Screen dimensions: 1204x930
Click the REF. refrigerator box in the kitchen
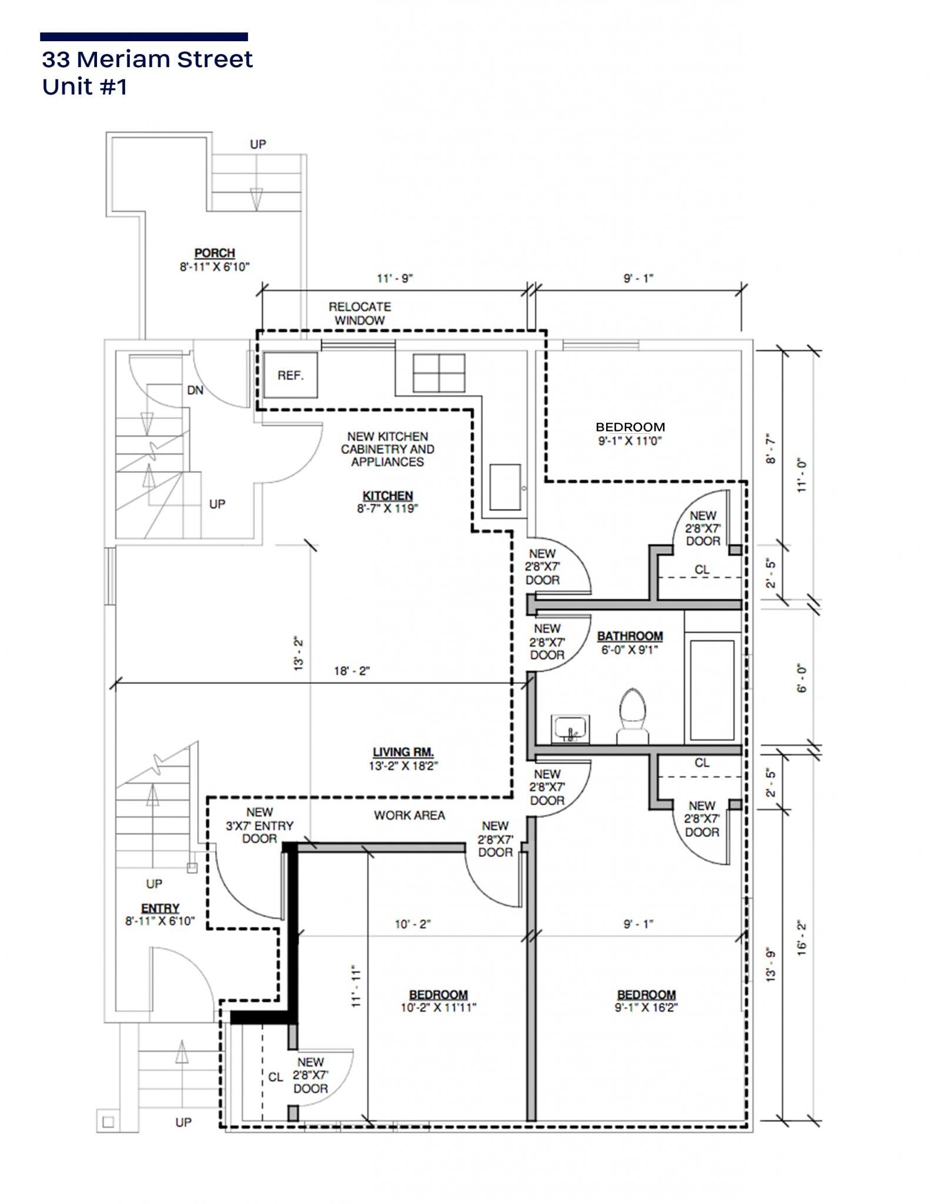[x=290, y=375]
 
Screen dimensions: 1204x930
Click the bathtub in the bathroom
[x=712, y=690]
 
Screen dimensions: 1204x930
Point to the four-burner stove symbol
[x=439, y=373]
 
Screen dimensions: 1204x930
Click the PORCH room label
[x=215, y=253]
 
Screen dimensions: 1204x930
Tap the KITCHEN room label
[x=387, y=496]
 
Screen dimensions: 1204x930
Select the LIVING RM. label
[x=403, y=752]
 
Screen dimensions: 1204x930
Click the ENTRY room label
[x=160, y=908]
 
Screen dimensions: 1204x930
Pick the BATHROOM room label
[x=630, y=636]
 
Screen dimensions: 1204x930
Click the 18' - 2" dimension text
[x=352, y=671]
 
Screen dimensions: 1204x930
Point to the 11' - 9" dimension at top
[x=395, y=278]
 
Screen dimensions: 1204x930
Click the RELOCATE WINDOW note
[x=360, y=313]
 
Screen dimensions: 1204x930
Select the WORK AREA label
[x=409, y=815]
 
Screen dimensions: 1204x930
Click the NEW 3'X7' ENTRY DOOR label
[x=260, y=825]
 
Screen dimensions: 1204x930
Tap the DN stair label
[x=195, y=390]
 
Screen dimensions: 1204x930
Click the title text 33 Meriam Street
[x=147, y=59]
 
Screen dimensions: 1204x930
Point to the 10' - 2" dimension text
[x=412, y=924]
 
